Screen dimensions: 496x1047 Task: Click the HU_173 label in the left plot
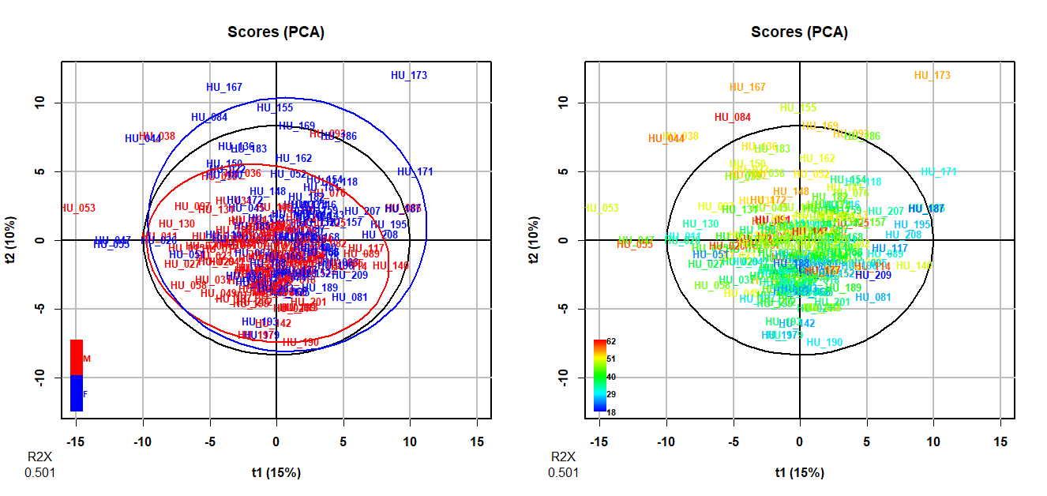[409, 76]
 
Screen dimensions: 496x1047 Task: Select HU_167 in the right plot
[748, 88]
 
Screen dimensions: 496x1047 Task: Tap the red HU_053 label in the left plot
[77, 209]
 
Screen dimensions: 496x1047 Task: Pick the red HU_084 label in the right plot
[733, 118]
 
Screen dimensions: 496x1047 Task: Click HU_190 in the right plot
[824, 343]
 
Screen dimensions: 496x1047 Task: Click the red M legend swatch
[77, 358]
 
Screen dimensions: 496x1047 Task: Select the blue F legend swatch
[77, 393]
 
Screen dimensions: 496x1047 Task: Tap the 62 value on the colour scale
[611, 342]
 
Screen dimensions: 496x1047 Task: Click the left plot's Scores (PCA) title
[276, 32]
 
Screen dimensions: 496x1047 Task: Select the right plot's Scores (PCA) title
[800, 32]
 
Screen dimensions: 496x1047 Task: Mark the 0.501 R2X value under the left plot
[39, 473]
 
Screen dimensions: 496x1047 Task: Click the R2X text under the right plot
[563, 457]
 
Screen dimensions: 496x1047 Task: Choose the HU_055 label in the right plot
[634, 245]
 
